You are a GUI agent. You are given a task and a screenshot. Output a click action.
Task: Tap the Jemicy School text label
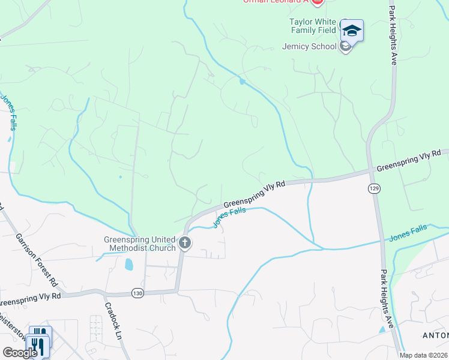tap(309, 46)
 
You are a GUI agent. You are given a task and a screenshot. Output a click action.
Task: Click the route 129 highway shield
tap(374, 188)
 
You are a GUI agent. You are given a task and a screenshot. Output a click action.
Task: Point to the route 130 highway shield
tap(138, 293)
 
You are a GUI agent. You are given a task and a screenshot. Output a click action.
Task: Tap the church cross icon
tap(185, 244)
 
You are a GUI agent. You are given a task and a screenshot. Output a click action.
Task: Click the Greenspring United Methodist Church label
tap(140, 243)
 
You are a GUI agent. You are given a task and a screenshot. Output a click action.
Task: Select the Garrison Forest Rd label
tap(37, 259)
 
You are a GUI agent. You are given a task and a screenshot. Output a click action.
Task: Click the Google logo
tap(20, 353)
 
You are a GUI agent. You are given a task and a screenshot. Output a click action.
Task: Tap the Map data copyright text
tap(424, 355)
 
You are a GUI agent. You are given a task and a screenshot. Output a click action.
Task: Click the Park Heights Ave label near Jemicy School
tap(394, 36)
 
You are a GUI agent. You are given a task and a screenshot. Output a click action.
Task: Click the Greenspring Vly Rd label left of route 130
tap(30, 296)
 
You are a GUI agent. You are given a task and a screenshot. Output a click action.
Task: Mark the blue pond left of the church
tap(129, 264)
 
